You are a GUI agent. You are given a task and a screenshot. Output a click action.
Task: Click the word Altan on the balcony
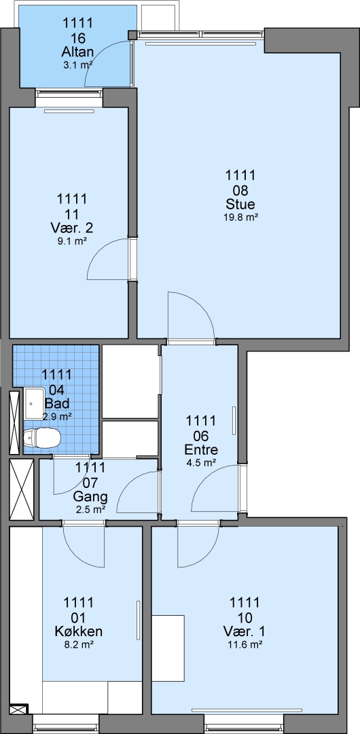[77, 52]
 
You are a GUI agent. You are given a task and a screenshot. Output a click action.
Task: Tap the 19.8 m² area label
[240, 217]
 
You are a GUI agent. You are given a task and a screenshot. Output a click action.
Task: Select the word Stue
[240, 205]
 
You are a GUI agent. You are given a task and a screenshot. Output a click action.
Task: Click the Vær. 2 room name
[71, 228]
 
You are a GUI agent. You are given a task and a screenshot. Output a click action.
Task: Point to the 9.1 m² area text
[71, 241]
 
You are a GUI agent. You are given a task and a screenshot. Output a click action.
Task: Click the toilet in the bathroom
[41, 438]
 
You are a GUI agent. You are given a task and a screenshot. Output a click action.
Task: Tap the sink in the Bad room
[33, 403]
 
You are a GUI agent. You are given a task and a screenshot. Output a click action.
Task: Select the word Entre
[201, 451]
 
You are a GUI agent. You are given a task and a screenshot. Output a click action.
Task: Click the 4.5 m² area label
[201, 463]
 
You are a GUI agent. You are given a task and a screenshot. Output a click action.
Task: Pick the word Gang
[91, 496]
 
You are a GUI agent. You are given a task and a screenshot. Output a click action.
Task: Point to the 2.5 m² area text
[90, 508]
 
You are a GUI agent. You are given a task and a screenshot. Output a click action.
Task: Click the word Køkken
[79, 631]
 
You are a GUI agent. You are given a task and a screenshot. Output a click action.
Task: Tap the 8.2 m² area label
[79, 644]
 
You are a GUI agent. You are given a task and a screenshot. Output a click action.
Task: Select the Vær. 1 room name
[244, 631]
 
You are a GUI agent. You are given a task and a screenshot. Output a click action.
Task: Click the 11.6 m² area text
[244, 644]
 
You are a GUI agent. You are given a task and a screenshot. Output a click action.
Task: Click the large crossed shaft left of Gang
[22, 489]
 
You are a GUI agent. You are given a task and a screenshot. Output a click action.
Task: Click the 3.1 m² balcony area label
[77, 65]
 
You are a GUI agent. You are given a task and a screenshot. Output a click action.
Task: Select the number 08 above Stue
[240, 190]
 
